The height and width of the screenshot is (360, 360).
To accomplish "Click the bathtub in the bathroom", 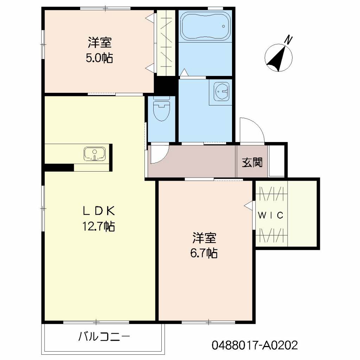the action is (x=205, y=26).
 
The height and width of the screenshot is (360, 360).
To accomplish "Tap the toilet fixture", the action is (x=161, y=109).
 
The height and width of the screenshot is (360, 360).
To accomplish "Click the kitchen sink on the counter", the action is (x=95, y=154).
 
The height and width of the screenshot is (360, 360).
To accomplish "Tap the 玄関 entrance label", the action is (x=252, y=163).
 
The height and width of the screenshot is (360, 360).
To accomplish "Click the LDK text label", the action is (x=99, y=211).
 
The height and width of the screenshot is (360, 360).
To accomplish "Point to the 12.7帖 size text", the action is (x=99, y=226).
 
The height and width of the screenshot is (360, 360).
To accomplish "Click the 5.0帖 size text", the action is (x=99, y=58).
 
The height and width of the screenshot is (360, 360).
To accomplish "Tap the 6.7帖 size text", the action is (x=204, y=253).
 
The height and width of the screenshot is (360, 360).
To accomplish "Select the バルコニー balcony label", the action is (x=104, y=337).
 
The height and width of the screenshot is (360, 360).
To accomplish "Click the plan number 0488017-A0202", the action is (x=255, y=345).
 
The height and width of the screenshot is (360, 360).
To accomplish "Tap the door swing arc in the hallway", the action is (x=164, y=158).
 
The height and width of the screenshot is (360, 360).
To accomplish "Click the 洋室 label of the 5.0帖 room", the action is (x=99, y=43).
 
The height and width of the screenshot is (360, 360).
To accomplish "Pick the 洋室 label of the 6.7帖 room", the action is (x=204, y=238).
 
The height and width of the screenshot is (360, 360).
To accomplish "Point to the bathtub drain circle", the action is (x=223, y=26).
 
